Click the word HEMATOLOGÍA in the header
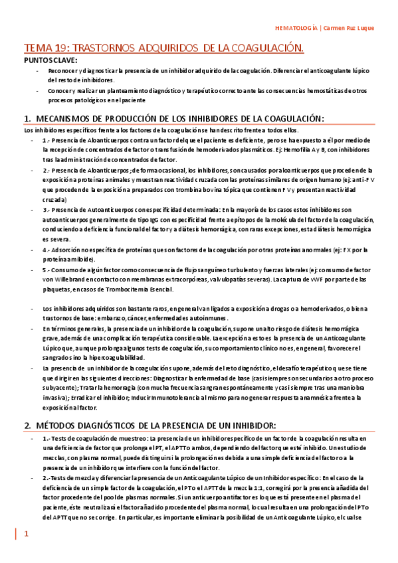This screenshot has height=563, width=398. click(x=296, y=29)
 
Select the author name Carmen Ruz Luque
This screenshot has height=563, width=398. click(x=354, y=29)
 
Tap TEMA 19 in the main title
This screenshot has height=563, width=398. click(x=47, y=48)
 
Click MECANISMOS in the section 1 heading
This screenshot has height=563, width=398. click(x=67, y=119)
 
